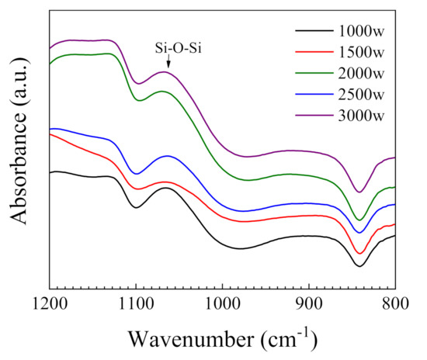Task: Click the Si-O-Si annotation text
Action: pyautogui.click(x=169, y=50)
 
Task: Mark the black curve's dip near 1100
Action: pyautogui.click(x=136, y=207)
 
